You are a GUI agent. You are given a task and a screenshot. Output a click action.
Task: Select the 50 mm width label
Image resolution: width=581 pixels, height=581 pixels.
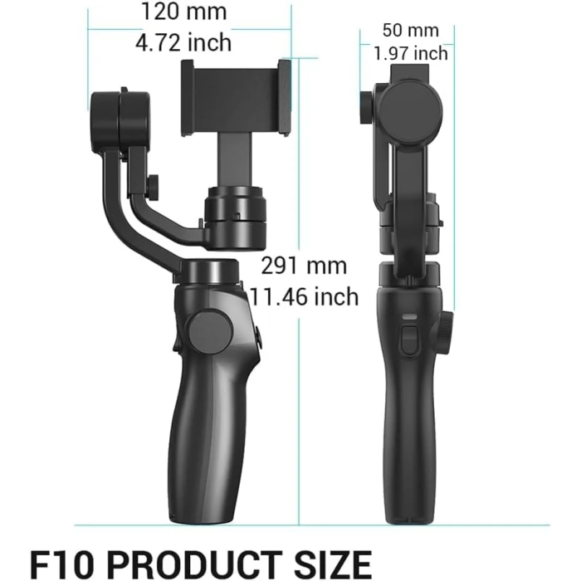[x=410, y=30]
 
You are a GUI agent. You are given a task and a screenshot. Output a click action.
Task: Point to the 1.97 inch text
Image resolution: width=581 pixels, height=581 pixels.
[x=410, y=54]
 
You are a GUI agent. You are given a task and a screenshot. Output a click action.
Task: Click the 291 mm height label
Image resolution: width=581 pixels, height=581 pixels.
[x=304, y=266]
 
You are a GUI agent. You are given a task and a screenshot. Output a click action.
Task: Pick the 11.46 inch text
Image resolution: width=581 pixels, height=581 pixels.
[x=304, y=295]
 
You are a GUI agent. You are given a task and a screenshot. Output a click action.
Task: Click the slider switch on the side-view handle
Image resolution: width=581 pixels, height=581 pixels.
[x=410, y=340]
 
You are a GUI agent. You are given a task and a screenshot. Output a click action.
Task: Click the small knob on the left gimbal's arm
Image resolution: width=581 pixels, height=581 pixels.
[x=154, y=183]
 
